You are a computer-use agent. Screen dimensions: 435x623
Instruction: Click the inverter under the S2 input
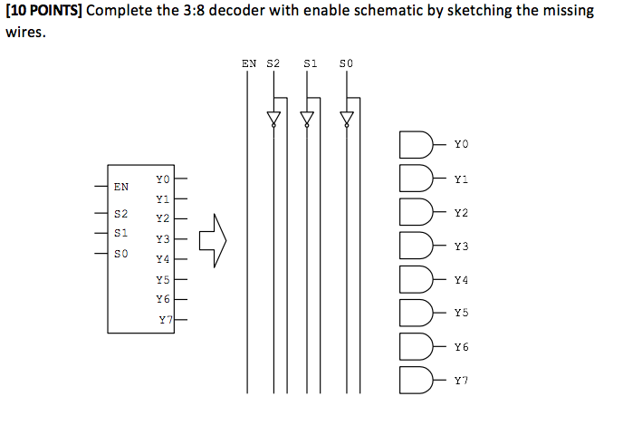pyautogui.click(x=273, y=119)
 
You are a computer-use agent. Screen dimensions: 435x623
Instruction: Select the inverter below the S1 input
pyautogui.click(x=307, y=119)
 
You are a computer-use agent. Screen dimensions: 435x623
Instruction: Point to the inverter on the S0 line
pyautogui.click(x=345, y=119)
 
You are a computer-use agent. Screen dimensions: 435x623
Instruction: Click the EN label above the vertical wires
pyautogui.click(x=249, y=64)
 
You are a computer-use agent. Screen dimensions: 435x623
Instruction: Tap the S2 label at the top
pyautogui.click(x=273, y=64)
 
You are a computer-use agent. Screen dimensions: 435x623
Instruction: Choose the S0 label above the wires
pyautogui.click(x=345, y=64)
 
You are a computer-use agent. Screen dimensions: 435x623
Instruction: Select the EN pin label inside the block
pyautogui.click(x=121, y=187)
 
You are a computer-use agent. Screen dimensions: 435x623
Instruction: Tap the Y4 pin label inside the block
pyautogui.click(x=162, y=259)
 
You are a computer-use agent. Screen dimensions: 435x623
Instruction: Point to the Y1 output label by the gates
pyautogui.click(x=462, y=179)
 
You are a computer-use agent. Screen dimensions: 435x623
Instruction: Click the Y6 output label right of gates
pyautogui.click(x=462, y=347)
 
